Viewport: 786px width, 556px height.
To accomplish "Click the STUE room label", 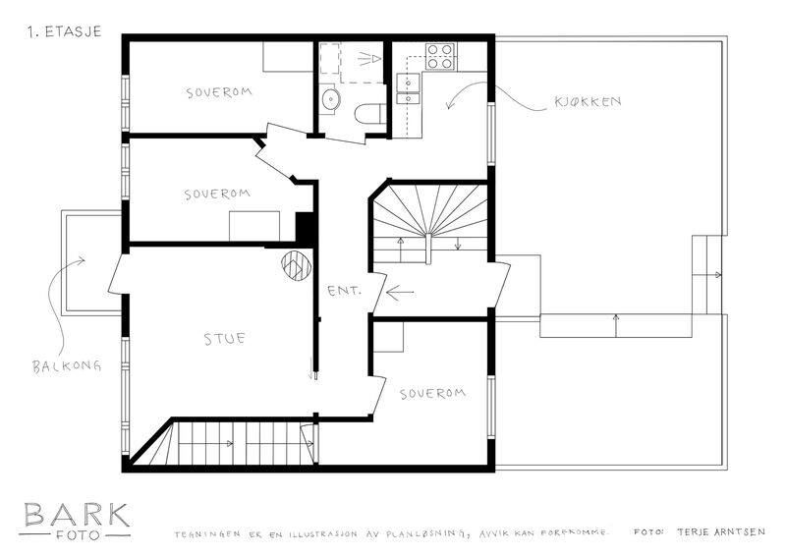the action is point(225,339).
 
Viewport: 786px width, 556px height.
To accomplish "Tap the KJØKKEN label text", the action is point(588,102).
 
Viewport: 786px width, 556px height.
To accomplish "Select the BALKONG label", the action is point(67,366).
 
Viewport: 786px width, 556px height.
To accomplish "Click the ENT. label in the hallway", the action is point(344,291).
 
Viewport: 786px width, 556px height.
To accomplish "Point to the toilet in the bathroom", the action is point(370,113).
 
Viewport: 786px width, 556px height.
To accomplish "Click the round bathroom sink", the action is point(330,99).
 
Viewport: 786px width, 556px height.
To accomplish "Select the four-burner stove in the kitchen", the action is point(440,56).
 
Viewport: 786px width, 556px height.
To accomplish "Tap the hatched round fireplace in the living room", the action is point(297,265).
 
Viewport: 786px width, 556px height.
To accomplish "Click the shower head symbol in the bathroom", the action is point(370,59).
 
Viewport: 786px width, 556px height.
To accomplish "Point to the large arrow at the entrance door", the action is point(400,293).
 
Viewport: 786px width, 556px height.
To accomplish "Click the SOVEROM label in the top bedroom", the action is point(219,92).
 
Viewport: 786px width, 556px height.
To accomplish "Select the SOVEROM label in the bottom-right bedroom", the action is point(432,394).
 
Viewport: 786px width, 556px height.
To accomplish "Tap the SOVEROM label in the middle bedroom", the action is point(217,195).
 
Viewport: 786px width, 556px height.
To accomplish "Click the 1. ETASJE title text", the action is point(65,32).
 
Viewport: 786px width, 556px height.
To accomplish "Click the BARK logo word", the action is point(77,515).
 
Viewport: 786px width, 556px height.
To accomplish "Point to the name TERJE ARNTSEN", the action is point(721,532).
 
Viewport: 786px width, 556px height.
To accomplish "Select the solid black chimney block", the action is point(305,229).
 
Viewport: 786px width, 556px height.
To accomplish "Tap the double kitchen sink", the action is point(408,88).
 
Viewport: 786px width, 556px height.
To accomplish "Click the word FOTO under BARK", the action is point(78,535).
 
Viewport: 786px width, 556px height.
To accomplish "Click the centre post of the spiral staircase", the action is point(428,249).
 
